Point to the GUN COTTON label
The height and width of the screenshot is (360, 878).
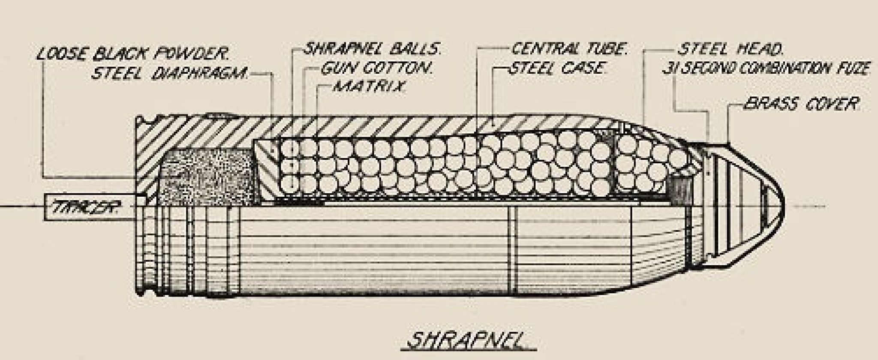point(377,68)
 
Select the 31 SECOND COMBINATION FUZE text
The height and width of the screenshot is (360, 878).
point(766,69)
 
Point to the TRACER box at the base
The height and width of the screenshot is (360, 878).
point(86,207)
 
